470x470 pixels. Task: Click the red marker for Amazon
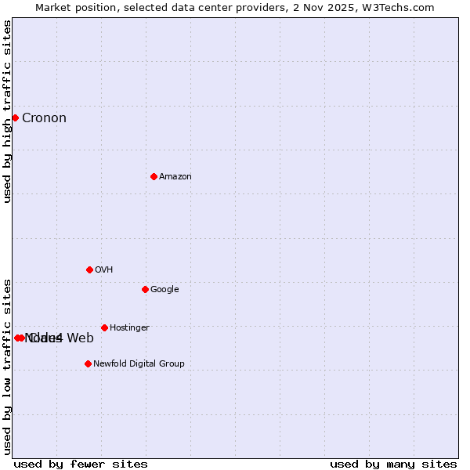click(154, 176)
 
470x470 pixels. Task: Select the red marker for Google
click(145, 289)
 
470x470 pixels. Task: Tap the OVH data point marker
click(89, 269)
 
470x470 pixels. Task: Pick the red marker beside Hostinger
click(104, 327)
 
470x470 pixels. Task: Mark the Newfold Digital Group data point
click(88, 363)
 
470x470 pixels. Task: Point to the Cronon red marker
click(15, 117)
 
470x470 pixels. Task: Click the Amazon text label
click(175, 177)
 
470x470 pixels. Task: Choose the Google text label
click(164, 290)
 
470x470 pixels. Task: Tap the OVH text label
click(104, 270)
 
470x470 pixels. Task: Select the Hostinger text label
click(129, 328)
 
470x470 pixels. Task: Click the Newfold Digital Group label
click(139, 364)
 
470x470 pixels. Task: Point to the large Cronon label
click(44, 118)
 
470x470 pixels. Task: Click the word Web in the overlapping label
click(80, 338)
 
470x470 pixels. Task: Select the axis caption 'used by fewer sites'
click(81, 465)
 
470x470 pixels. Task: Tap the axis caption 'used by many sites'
click(393, 465)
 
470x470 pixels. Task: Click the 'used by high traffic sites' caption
click(8, 111)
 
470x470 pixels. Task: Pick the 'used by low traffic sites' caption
click(8, 367)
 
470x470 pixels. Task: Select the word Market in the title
click(53, 7)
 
